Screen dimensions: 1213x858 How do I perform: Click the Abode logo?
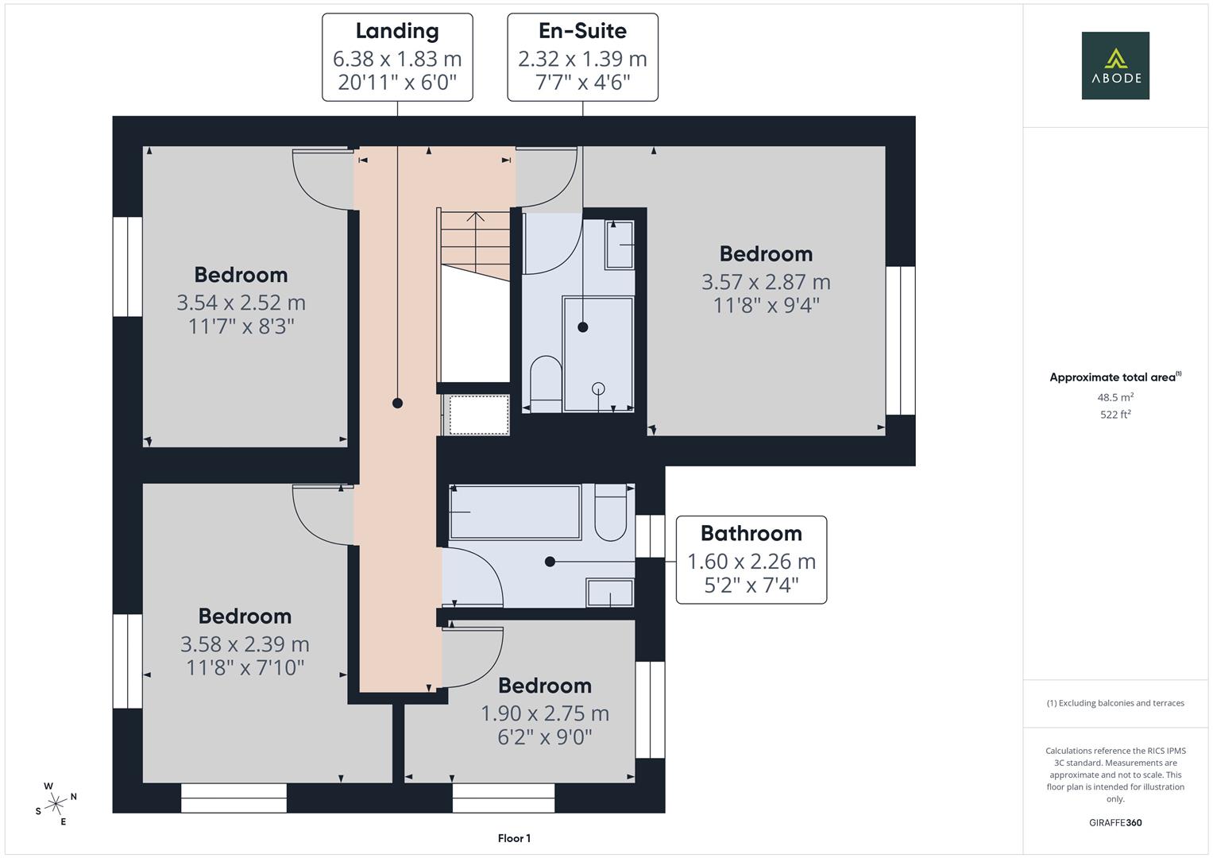pyautogui.click(x=1115, y=65)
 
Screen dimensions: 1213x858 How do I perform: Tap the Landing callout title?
pyautogui.click(x=397, y=31)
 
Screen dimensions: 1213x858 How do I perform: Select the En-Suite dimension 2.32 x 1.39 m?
pyautogui.click(x=583, y=59)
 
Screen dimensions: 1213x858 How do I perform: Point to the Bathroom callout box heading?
pyautogui.click(x=751, y=534)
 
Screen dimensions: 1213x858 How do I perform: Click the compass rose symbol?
pyautogui.click(x=56, y=804)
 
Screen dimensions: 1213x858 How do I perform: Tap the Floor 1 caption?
pyautogui.click(x=514, y=838)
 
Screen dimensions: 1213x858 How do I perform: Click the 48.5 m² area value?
pyautogui.click(x=1115, y=397)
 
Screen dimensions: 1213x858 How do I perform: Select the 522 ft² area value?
pyautogui.click(x=1115, y=415)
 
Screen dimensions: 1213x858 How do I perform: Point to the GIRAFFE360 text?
pyautogui.click(x=1115, y=822)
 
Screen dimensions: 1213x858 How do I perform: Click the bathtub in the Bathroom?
pyautogui.click(x=515, y=512)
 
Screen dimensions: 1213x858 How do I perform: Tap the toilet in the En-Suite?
pyautogui.click(x=546, y=384)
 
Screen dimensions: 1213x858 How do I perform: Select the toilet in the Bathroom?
pyautogui.click(x=610, y=512)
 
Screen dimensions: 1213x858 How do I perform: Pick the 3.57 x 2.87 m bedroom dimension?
pyautogui.click(x=766, y=282)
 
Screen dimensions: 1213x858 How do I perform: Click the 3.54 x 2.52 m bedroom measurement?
pyautogui.click(x=241, y=303)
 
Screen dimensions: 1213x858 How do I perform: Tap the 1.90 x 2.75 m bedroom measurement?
pyautogui.click(x=545, y=713)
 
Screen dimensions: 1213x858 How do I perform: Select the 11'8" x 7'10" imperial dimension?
pyautogui.click(x=245, y=668)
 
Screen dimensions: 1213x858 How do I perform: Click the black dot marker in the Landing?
pyautogui.click(x=397, y=403)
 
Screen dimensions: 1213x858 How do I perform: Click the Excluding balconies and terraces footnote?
pyautogui.click(x=1115, y=703)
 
